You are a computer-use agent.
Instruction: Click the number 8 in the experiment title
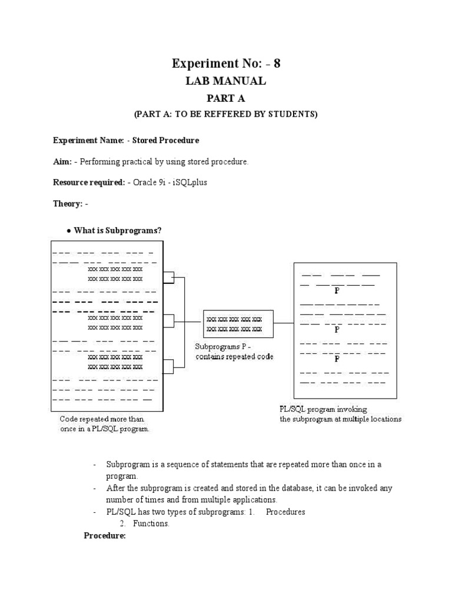click(x=277, y=64)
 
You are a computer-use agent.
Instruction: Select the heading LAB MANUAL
click(x=225, y=81)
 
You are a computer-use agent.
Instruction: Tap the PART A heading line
click(x=225, y=98)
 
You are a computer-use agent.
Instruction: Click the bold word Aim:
click(x=63, y=162)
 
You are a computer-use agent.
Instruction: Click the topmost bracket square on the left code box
click(x=169, y=277)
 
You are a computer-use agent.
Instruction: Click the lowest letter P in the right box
click(x=337, y=359)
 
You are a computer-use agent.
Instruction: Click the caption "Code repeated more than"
click(x=102, y=419)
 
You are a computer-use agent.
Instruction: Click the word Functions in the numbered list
click(x=151, y=524)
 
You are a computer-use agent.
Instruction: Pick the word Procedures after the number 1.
click(x=285, y=512)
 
